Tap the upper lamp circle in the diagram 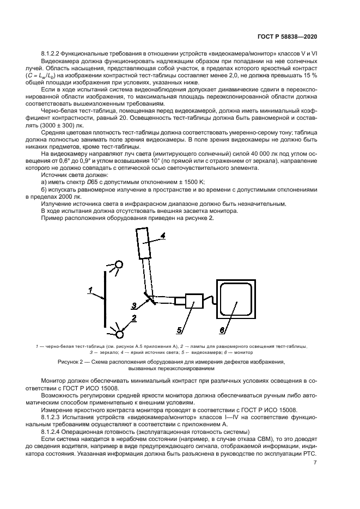(119, 266)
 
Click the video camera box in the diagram (193, 301)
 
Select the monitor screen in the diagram (235, 299)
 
